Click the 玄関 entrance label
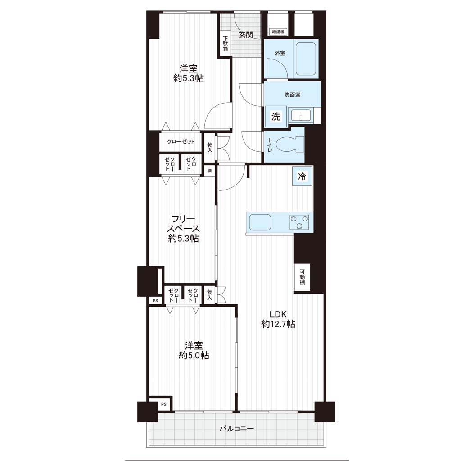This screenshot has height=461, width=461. [x=245, y=35]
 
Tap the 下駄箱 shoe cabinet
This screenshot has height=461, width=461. [x=225, y=44]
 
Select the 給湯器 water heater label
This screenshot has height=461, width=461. [x=278, y=32]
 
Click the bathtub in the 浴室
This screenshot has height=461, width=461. [x=306, y=59]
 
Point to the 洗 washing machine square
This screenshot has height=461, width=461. [x=276, y=117]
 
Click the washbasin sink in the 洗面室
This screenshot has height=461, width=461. [x=301, y=115]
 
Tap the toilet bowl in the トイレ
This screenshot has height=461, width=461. [x=291, y=145]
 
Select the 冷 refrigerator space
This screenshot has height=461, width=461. [x=302, y=176]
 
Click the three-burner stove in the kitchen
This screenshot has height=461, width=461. [x=299, y=222]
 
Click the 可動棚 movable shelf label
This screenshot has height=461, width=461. [x=302, y=277]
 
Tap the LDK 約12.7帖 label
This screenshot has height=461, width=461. [x=278, y=319]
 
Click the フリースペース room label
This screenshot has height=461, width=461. [x=183, y=228]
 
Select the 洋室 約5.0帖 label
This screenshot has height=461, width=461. [x=194, y=350]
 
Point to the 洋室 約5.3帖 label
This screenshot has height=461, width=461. [x=189, y=73]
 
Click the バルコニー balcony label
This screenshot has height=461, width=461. [x=237, y=429]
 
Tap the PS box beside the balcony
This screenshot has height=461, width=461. [x=164, y=404]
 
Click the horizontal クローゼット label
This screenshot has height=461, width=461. [x=181, y=142]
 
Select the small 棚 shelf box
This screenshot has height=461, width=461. [x=209, y=171]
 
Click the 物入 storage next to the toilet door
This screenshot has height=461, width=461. [x=210, y=147]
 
